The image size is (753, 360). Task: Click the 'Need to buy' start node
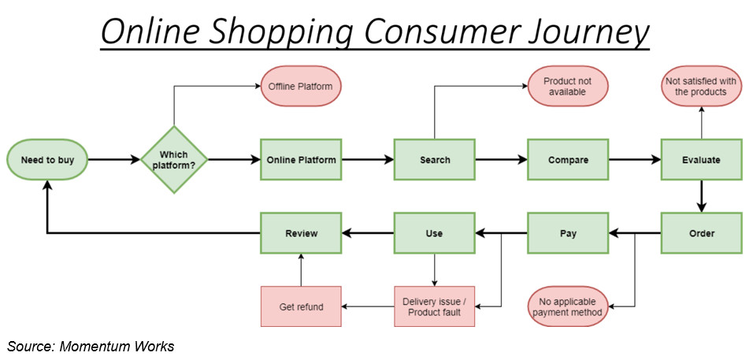click(47, 160)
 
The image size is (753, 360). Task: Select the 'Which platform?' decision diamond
click(174, 160)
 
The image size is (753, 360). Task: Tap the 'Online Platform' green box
click(301, 160)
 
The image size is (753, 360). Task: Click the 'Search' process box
click(435, 160)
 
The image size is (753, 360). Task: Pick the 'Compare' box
click(568, 160)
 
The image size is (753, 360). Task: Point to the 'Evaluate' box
click(702, 160)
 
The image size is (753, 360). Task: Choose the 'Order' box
click(702, 233)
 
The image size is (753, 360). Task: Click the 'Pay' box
click(568, 233)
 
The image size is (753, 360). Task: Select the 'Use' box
click(435, 233)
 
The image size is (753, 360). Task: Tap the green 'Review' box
click(301, 233)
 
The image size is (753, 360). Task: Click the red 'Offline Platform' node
click(301, 87)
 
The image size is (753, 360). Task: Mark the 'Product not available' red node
click(568, 87)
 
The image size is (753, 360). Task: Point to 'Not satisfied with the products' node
click(702, 87)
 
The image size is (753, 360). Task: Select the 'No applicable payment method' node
click(568, 306)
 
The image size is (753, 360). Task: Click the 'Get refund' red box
click(301, 306)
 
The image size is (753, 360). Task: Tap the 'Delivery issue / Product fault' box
click(435, 306)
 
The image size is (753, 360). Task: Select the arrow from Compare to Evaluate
click(635, 160)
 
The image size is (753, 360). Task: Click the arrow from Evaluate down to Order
click(702, 196)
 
